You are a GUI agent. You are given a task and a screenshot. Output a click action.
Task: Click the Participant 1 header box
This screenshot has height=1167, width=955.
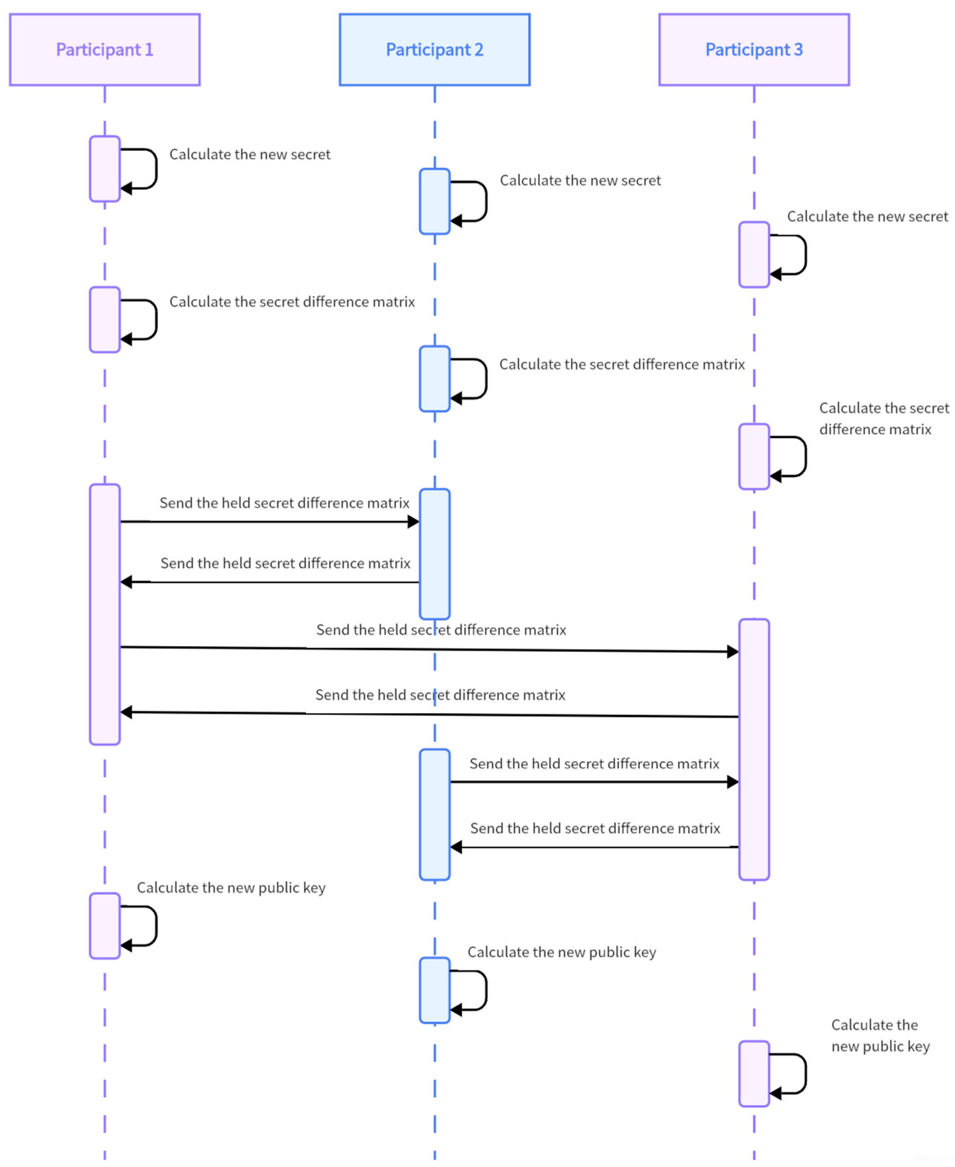pyautogui.click(x=105, y=50)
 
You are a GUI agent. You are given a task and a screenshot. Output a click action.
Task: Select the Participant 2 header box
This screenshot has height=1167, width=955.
pyautogui.click(x=434, y=50)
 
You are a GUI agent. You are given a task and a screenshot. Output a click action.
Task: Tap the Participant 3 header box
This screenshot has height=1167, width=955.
pyautogui.click(x=754, y=50)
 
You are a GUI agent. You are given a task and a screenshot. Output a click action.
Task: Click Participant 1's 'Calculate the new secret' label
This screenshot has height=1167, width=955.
pyautogui.click(x=250, y=155)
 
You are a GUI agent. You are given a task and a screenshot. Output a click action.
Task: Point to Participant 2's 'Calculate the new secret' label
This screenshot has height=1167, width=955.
pyautogui.click(x=580, y=180)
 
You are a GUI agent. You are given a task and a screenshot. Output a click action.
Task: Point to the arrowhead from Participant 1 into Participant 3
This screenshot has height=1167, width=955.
pyautogui.click(x=733, y=652)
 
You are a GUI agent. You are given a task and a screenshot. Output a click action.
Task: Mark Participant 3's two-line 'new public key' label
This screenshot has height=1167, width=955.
pyautogui.click(x=880, y=1036)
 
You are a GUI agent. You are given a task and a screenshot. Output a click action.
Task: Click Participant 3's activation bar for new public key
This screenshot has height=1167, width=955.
pyautogui.click(x=754, y=1073)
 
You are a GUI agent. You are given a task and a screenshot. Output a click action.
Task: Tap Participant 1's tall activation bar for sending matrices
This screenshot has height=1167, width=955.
pyautogui.click(x=105, y=614)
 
